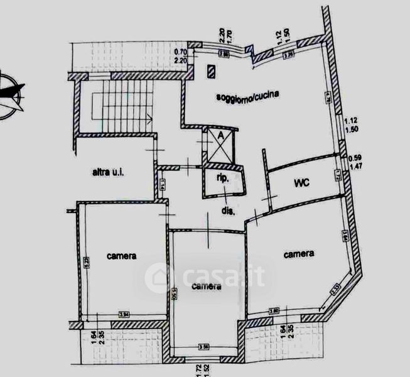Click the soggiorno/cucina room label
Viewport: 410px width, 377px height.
click(247, 96)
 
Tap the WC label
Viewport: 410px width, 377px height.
click(304, 184)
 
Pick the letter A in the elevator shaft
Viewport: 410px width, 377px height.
click(220, 136)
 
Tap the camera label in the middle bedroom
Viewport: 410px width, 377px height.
click(206, 287)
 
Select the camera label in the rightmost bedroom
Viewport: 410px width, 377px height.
click(299, 254)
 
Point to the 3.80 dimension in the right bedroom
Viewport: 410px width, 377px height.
click(274, 310)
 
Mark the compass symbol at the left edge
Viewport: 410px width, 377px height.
click(9, 94)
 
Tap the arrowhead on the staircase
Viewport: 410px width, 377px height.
click(150, 117)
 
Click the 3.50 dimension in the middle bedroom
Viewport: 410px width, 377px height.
click(204, 346)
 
